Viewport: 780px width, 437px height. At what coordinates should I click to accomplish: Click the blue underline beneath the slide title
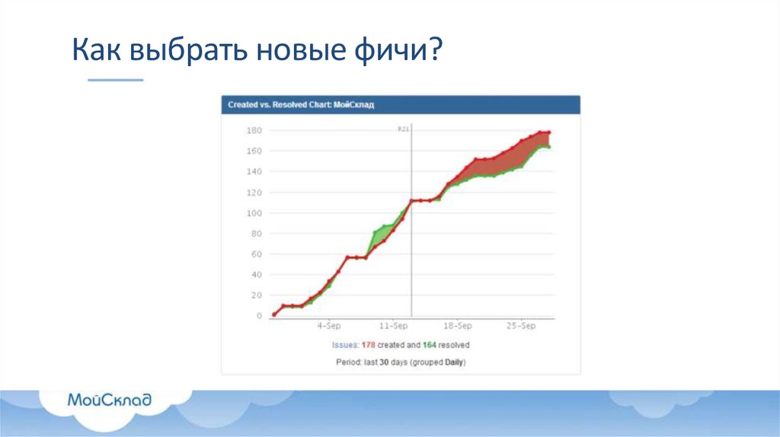[115, 80]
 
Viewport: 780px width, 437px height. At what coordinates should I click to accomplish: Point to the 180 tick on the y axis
[254, 130]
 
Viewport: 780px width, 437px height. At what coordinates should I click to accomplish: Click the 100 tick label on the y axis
[254, 213]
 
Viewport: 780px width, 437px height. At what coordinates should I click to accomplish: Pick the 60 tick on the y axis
[256, 254]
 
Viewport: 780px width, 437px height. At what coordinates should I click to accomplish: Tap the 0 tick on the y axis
[259, 316]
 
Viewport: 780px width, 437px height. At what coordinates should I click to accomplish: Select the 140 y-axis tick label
[254, 172]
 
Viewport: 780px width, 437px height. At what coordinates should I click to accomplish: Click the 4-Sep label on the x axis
[329, 326]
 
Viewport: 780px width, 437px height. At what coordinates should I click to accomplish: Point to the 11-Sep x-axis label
[392, 326]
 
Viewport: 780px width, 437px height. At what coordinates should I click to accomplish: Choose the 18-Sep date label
[457, 326]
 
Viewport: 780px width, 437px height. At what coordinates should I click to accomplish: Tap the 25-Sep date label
[522, 326]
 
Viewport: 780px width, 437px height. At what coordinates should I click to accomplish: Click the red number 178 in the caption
[368, 345]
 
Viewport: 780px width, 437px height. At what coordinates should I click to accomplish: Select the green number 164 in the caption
[429, 345]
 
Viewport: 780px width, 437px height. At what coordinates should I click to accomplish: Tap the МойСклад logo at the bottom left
[110, 400]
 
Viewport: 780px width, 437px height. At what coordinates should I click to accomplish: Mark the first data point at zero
[274, 314]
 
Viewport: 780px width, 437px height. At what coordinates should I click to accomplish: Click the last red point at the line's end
[548, 132]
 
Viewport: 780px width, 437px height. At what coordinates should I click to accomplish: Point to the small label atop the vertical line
[404, 129]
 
